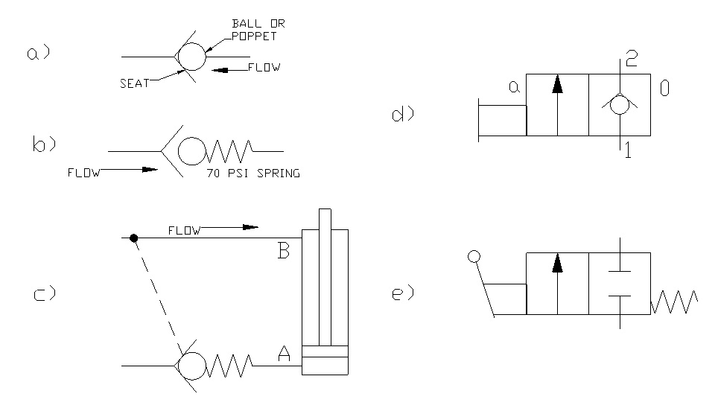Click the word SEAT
point(134,83)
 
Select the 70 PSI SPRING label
point(252,174)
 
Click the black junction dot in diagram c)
point(133,238)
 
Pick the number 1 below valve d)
point(628,151)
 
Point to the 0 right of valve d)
point(664,89)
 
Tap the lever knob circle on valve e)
point(473,258)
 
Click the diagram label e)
point(402,293)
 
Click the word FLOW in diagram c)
point(184,231)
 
